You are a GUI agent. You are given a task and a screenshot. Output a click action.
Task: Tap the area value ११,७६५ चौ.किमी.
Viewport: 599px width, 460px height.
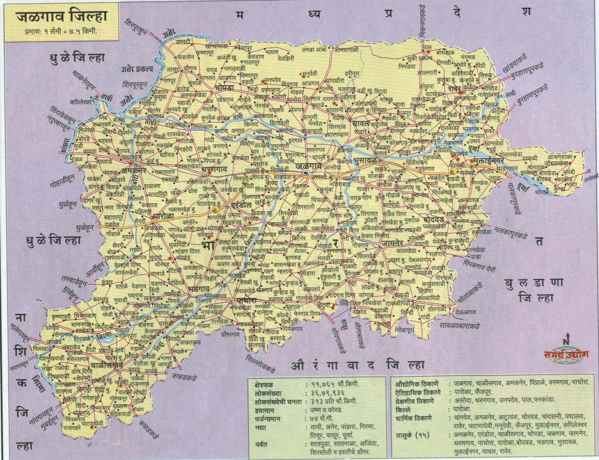click(x=331, y=384)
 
